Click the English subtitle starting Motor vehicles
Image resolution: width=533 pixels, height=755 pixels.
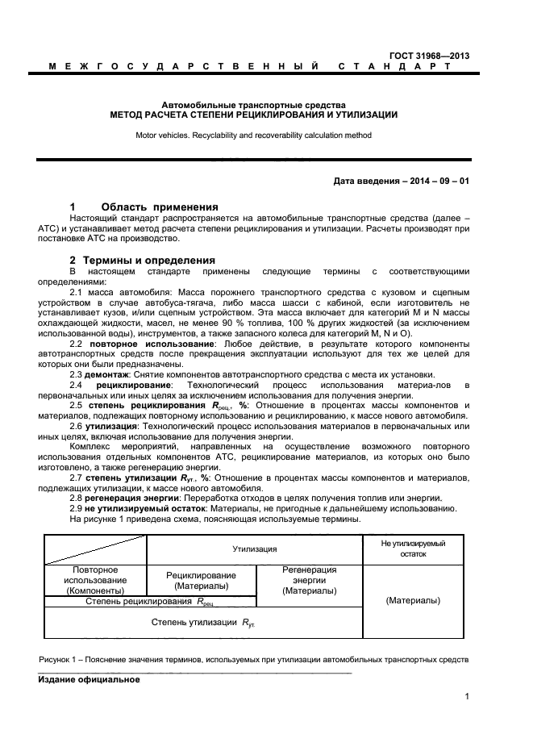pos(253,136)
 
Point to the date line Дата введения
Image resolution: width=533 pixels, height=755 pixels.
pos(401,181)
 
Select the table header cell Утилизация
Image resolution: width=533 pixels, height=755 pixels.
pos(255,549)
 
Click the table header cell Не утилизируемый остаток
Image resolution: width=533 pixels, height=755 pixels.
pos(413,549)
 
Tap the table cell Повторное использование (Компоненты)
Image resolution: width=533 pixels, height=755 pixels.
pos(94,580)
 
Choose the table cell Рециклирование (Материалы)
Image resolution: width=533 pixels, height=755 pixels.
pos(201,580)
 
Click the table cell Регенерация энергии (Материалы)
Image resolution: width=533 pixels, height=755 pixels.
pos(310,580)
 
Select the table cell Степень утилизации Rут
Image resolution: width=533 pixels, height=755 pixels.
pos(203,623)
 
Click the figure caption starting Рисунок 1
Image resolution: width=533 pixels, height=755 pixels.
pos(253,660)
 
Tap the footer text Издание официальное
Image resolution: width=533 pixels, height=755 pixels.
pos(89,679)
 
